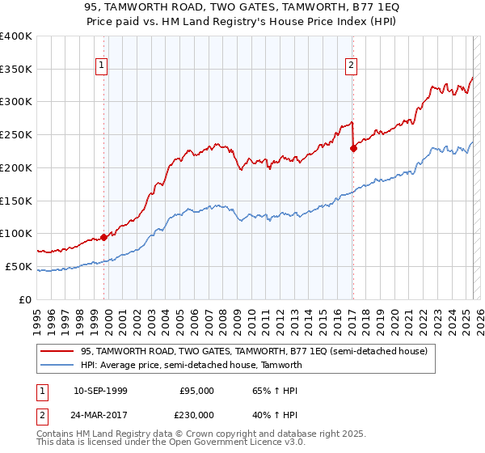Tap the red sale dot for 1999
click(x=103, y=237)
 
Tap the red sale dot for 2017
click(x=353, y=148)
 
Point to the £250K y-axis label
click(x=15, y=135)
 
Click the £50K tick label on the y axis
click(x=19, y=266)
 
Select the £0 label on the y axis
click(x=26, y=299)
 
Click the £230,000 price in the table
click(x=197, y=414)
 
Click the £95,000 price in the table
click(x=197, y=391)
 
